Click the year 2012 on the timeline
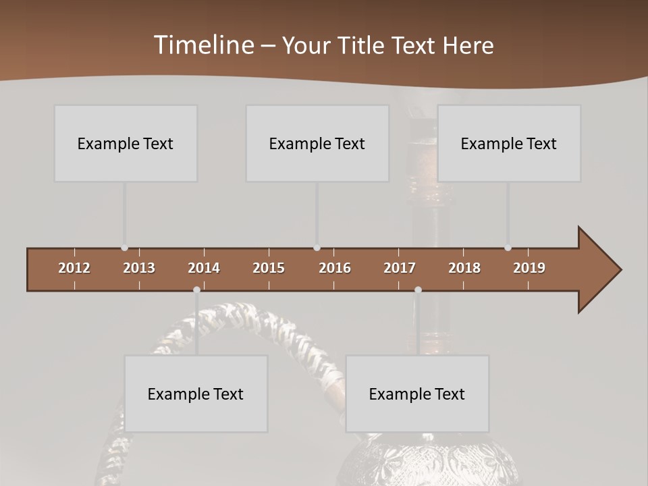point(74,268)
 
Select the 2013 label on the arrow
point(139,268)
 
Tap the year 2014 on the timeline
point(204,268)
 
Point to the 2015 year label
point(269,268)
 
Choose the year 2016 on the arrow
point(335,268)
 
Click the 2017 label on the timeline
point(400,268)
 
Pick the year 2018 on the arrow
point(464,268)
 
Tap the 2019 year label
point(529,268)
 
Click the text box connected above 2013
point(126,143)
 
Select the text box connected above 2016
point(317,143)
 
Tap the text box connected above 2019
point(509,143)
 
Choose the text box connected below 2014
point(196,394)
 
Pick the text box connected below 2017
point(417,394)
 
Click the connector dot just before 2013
point(124,248)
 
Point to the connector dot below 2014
point(196,290)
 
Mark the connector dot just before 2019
point(508,248)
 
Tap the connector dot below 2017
point(418,290)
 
